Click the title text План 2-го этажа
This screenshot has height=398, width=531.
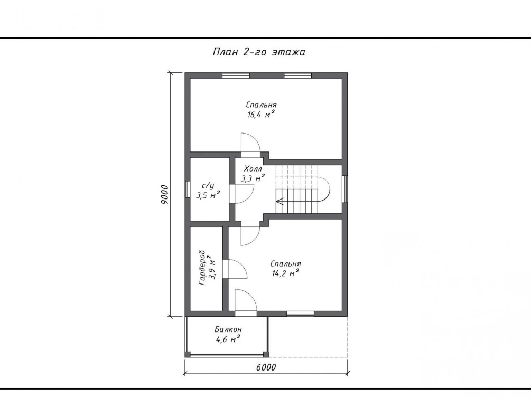pos(259,52)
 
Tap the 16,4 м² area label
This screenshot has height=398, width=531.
pos(261,114)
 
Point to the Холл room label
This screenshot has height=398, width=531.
pos(253,169)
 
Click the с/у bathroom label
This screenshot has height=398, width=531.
pos(208,186)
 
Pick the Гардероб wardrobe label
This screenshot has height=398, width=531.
pos(202,268)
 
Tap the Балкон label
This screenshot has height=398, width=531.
pos(228,329)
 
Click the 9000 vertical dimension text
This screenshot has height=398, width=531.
pos(164,195)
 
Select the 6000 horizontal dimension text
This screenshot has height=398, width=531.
pos(266,367)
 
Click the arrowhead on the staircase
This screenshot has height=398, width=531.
pos(279,202)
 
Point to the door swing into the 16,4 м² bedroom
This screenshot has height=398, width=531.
pos(250,143)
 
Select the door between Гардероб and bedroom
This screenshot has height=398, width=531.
pos(238,269)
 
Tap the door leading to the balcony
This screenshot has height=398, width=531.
pos(246,300)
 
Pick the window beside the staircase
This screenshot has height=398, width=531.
pos(344,189)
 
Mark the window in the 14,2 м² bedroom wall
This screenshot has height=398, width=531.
pos(301,314)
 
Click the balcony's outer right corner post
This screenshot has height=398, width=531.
pos(266,354)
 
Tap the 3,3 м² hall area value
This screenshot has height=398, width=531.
pos(253,178)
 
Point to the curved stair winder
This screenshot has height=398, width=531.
pos(324,189)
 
